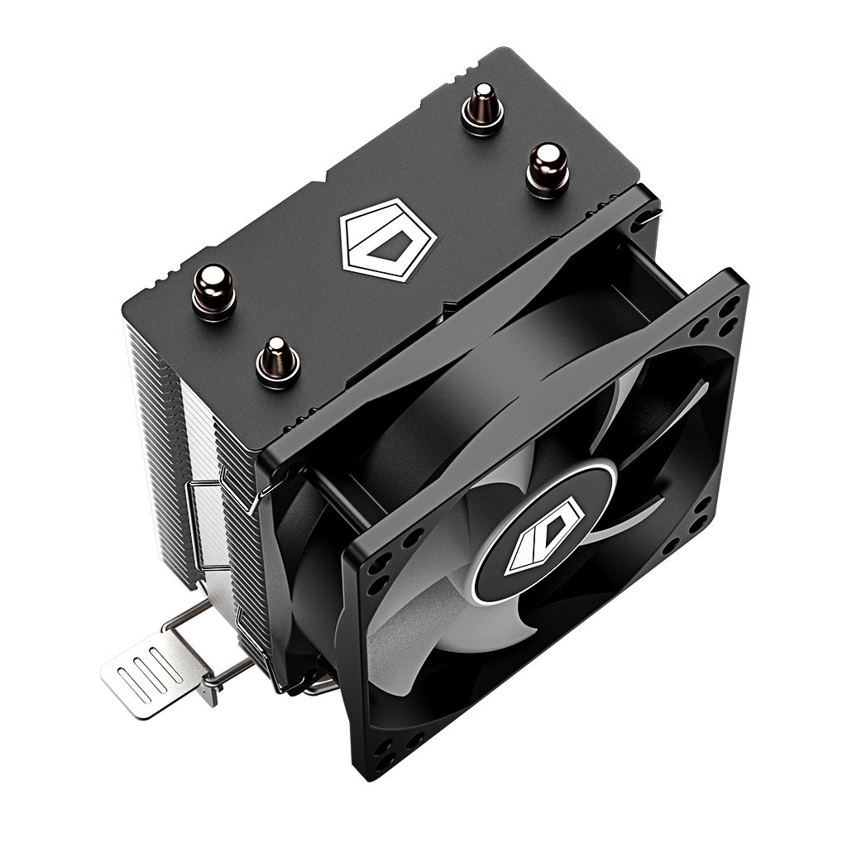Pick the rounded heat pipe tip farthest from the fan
478,108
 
